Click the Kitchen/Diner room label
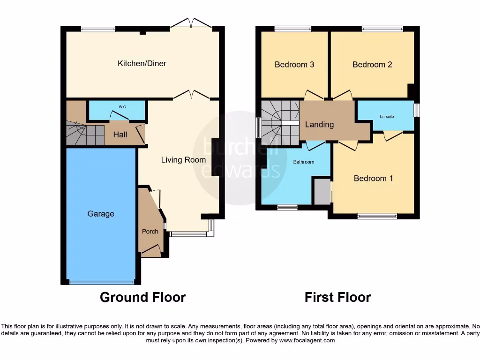pos(142,63)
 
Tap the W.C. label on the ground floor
pos(122,107)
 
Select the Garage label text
pos(101,214)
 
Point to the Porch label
pos(150,231)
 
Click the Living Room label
pos(183,160)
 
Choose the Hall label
pos(120,135)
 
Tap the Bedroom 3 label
pos(294,65)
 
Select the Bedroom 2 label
pos(372,65)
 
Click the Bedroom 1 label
pos(373,178)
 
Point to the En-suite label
pos(387,116)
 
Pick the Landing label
pos(319,125)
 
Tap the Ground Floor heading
pos(142,297)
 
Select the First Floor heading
pos(337,297)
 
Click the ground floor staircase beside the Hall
pos(84,133)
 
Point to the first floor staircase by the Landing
pos(280,123)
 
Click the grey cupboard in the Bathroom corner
pos(322,191)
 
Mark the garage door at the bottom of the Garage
pos(101,282)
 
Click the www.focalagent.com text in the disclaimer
pos(307,340)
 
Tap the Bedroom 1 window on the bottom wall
pos(377,216)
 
